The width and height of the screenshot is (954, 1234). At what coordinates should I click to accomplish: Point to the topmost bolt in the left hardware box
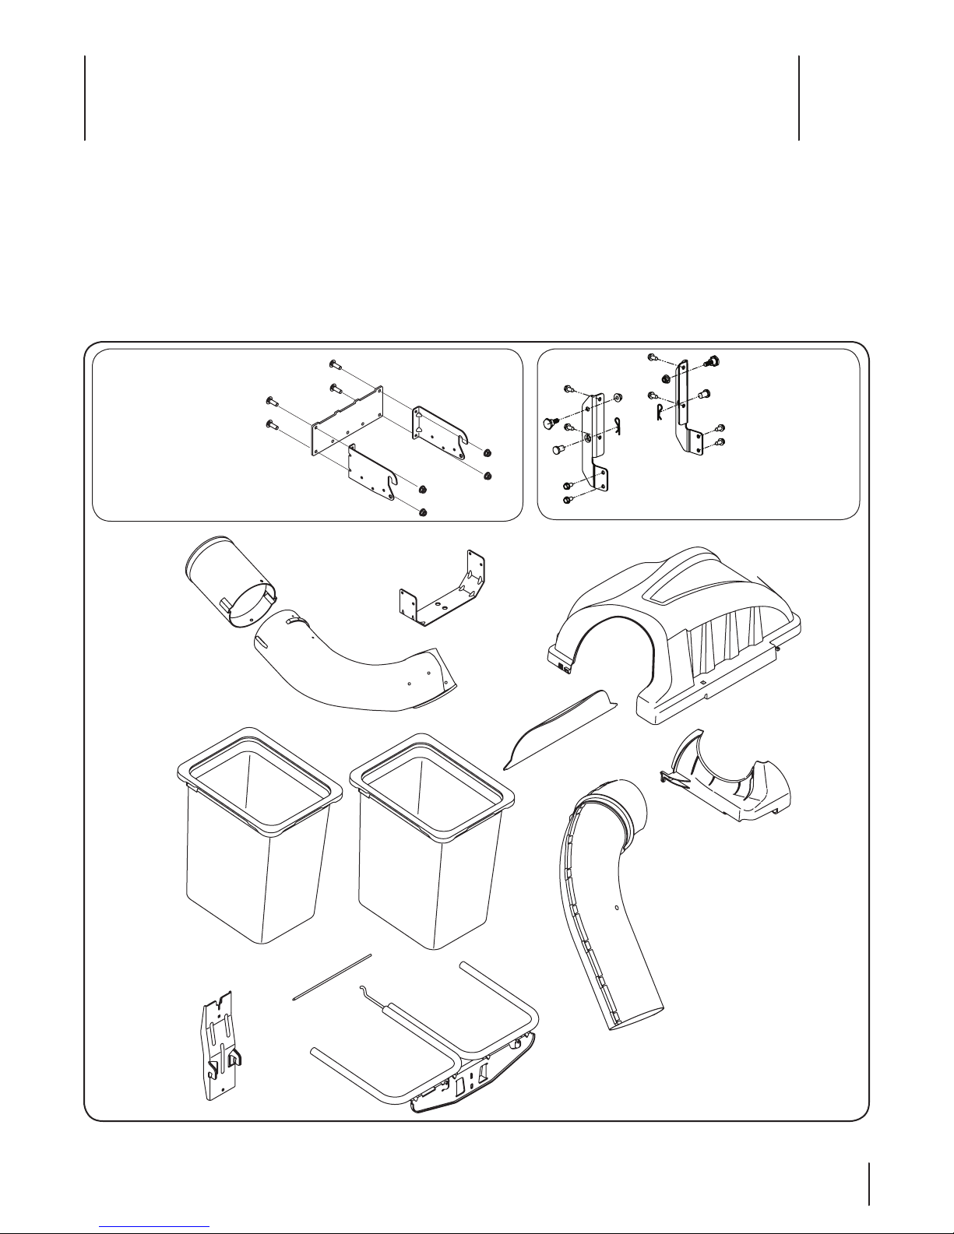(x=331, y=364)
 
